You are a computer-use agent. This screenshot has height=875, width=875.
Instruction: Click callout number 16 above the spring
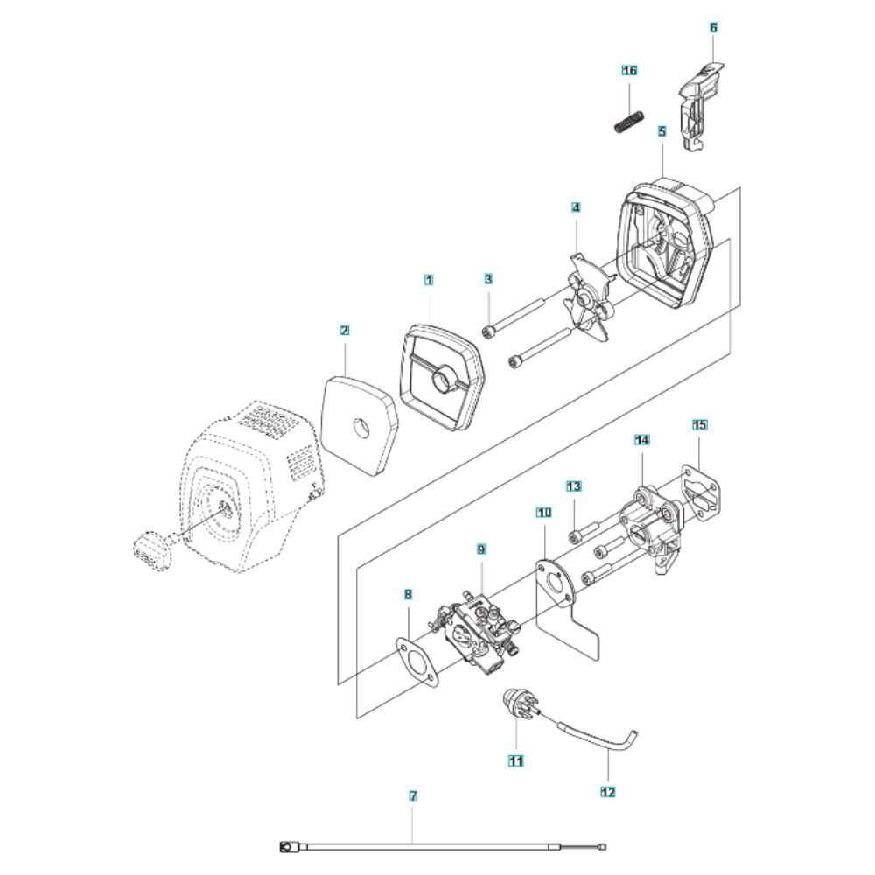coord(629,69)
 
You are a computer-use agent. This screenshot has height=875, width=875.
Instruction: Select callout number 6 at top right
coord(713,28)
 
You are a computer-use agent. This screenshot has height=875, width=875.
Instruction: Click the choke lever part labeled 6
coord(702,103)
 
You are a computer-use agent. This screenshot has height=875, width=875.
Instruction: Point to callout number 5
coord(661,131)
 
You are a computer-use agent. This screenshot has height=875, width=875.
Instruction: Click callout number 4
coord(576,207)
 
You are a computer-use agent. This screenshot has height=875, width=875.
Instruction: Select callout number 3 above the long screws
coord(488,278)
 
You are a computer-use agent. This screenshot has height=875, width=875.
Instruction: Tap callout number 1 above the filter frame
coord(429,279)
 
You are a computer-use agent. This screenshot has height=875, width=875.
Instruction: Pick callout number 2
coord(345,330)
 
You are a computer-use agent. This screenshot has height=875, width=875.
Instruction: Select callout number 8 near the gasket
coord(408,593)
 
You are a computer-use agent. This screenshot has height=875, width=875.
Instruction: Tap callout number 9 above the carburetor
coord(480,549)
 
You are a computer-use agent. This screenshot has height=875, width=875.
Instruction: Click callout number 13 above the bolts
coord(574,485)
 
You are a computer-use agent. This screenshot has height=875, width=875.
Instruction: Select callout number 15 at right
coord(699,424)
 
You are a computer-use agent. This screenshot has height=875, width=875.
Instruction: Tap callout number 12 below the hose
coord(608,792)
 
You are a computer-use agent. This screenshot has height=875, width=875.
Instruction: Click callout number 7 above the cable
coord(413,796)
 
